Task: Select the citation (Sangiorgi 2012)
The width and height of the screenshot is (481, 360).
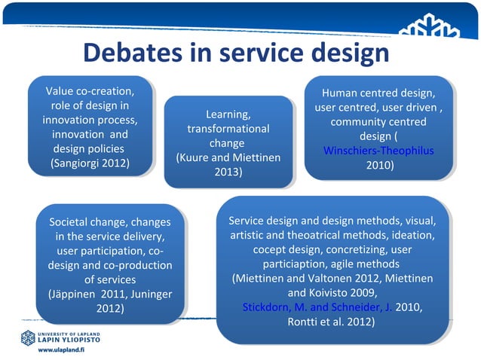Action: (x=90, y=163)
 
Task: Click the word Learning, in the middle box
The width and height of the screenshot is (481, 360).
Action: (x=228, y=114)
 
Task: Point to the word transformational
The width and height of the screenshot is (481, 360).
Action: (x=228, y=129)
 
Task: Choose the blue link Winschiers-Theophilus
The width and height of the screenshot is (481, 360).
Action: (x=378, y=151)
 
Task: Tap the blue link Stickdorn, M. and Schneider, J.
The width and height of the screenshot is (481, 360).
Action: (x=317, y=307)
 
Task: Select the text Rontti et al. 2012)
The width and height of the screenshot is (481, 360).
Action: (x=331, y=322)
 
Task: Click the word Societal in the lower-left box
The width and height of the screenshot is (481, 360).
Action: (x=69, y=222)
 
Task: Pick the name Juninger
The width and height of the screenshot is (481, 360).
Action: (x=148, y=294)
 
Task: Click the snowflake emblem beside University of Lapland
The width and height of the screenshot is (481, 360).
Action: (x=29, y=337)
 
